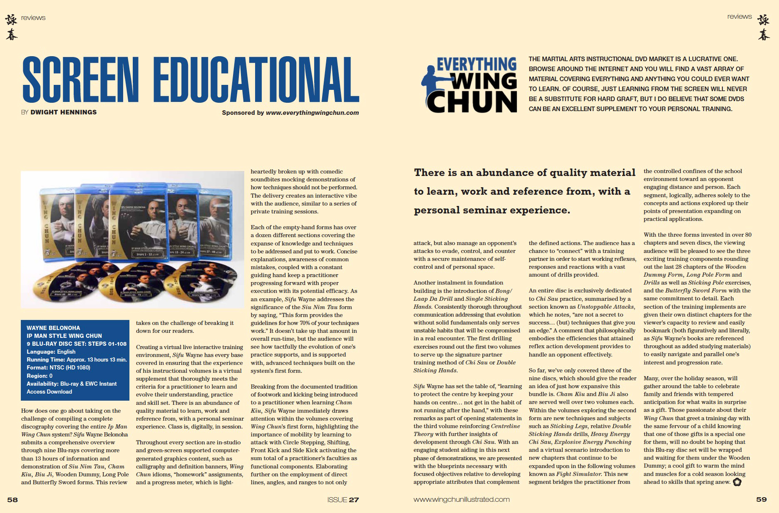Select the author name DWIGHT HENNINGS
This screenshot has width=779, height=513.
[x=63, y=112]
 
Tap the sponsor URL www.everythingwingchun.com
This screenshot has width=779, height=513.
[x=312, y=112]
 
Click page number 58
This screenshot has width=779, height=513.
[x=12, y=499]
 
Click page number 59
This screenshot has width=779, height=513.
[x=761, y=499]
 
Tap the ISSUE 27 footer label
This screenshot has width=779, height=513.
[x=343, y=499]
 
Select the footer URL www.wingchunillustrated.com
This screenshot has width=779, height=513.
[x=461, y=499]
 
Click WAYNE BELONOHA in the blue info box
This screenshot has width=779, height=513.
[x=53, y=328]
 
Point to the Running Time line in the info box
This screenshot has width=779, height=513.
[x=77, y=359]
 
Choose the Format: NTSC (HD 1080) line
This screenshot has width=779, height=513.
[x=58, y=367]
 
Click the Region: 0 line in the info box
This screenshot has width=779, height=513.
[x=40, y=376]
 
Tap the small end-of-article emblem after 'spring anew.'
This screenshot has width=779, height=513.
[x=737, y=482]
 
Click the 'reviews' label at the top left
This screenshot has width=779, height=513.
[x=33, y=17]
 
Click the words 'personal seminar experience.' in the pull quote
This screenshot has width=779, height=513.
[x=492, y=210]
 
